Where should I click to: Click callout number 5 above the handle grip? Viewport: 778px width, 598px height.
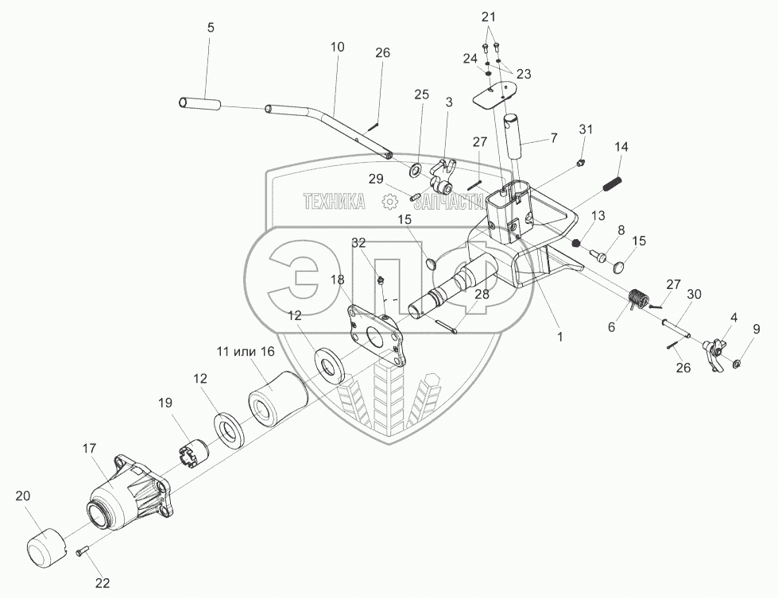[x=211, y=27]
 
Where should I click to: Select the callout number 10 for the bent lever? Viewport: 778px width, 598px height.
[x=337, y=47]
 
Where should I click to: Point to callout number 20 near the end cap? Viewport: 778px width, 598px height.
[x=25, y=496]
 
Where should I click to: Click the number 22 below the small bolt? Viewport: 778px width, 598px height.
[x=102, y=583]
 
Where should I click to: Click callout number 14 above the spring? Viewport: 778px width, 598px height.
[x=621, y=147]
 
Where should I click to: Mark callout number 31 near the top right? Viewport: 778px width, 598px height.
[x=586, y=129]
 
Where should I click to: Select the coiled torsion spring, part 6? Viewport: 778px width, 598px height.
[x=637, y=300]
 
